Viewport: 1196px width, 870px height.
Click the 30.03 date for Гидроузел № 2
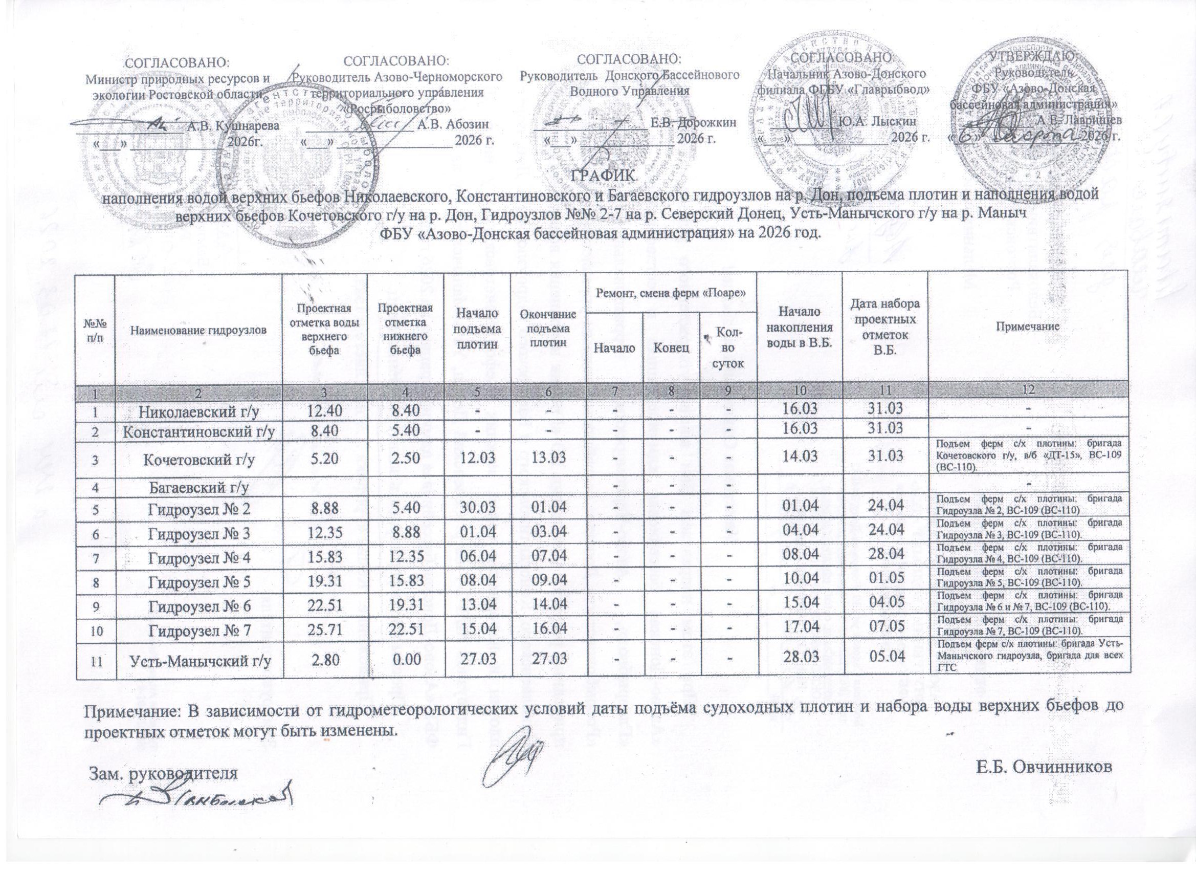(478, 508)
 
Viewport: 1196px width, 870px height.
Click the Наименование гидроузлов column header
(199, 330)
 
